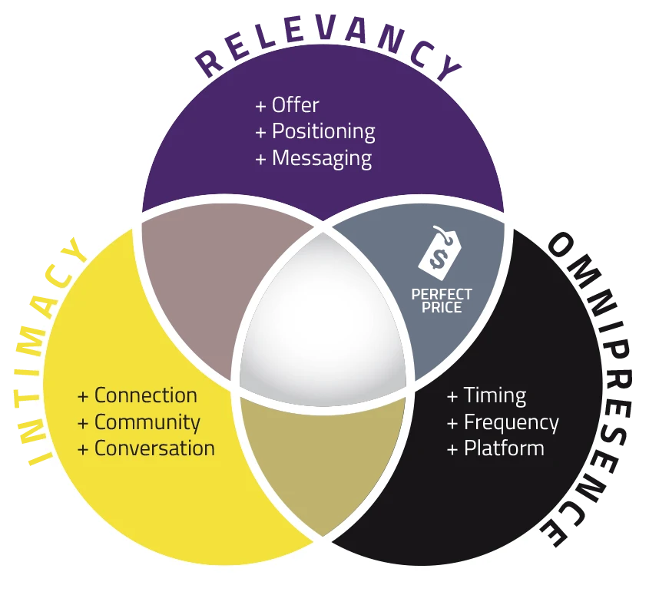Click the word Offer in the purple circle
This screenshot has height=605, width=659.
coord(296,104)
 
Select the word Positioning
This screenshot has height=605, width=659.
coord(323,132)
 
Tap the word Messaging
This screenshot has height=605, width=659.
coord(322,159)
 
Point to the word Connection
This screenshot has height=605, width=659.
coord(146,395)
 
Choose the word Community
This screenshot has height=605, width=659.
coord(147,423)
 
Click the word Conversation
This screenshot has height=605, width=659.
coord(154,448)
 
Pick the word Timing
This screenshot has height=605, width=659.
coord(495,396)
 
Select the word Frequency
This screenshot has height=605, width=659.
coord(512,423)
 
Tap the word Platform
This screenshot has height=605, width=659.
coord(505,448)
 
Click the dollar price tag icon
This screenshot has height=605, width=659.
coord(440,253)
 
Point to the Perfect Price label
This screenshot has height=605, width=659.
coord(442,301)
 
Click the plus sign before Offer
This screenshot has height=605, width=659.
coord(260,106)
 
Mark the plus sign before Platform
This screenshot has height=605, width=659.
coord(452,450)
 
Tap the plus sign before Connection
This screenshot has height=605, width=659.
coord(83,397)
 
